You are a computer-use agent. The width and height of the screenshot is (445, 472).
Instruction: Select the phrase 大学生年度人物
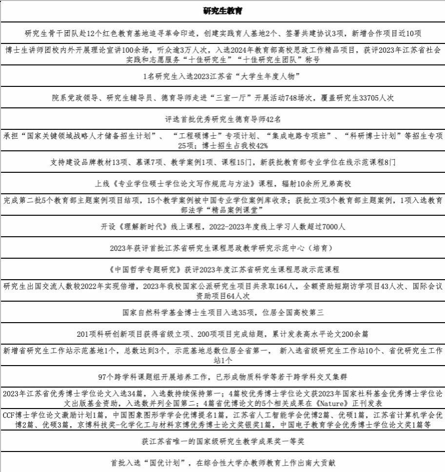(x=270, y=77)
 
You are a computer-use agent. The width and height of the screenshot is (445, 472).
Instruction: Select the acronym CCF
(x=10, y=415)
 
